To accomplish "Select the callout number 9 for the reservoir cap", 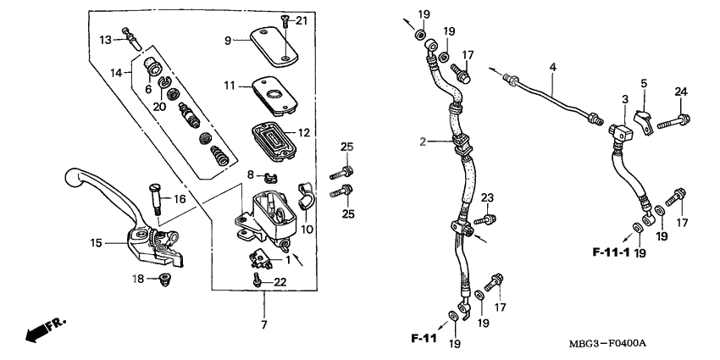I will click(x=227, y=41).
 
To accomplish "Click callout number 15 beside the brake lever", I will click(x=97, y=243).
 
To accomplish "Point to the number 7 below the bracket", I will click(x=263, y=325).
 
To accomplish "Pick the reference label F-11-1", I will click(x=611, y=252).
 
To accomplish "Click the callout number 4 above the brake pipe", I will click(x=552, y=67).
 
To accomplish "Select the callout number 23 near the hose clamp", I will click(x=487, y=198).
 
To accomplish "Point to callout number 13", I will click(x=105, y=40).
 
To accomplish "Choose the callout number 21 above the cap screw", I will click(x=302, y=20).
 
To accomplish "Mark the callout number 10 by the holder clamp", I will click(x=306, y=229).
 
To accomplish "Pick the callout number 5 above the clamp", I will click(x=643, y=83).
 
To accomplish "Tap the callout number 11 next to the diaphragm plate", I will click(x=229, y=86).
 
